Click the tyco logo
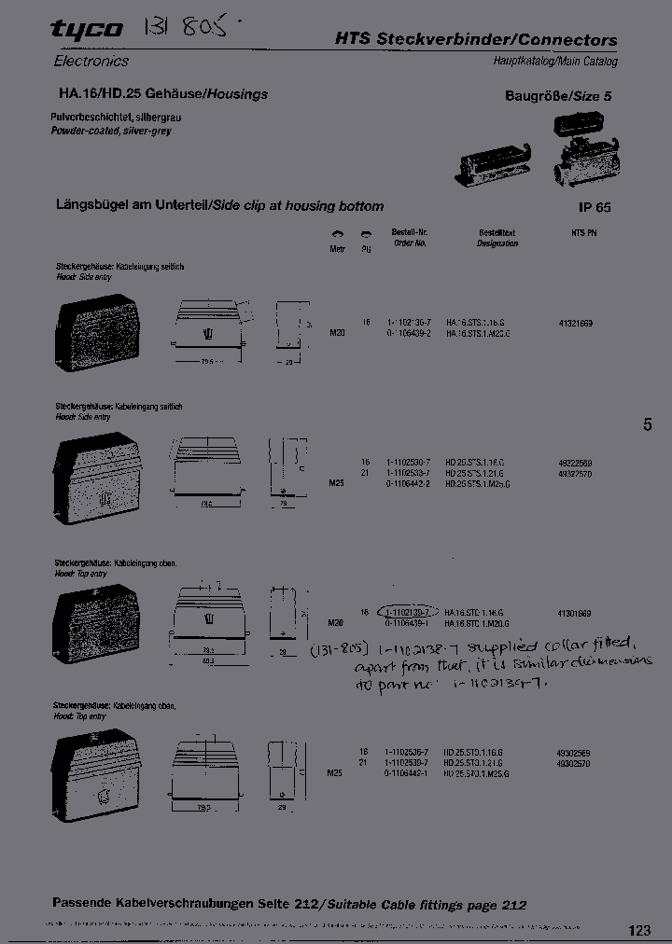[x=86, y=31]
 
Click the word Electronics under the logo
[x=91, y=61]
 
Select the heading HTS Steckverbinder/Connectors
[x=476, y=40]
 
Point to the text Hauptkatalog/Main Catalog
[x=555, y=62]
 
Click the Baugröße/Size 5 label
[x=558, y=96]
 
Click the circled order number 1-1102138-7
[x=407, y=613]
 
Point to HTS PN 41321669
[x=575, y=323]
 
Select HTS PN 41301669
[x=575, y=613]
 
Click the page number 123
[x=638, y=930]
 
